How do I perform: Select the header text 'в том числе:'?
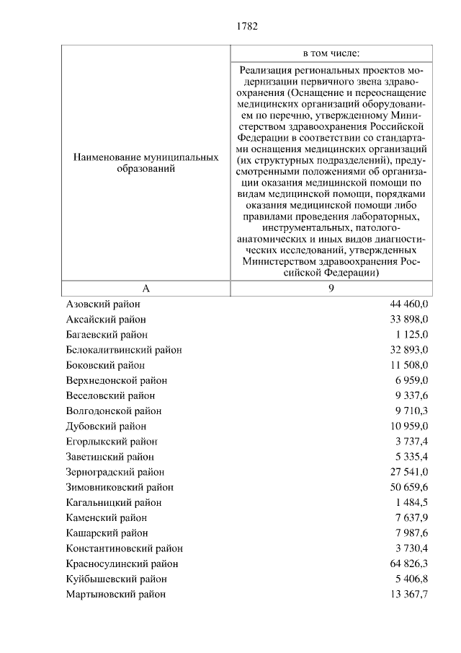click(331, 53)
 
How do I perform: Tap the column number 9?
click(331, 288)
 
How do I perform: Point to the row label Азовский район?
click(102, 304)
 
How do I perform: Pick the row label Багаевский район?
click(107, 334)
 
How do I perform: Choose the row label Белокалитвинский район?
click(123, 349)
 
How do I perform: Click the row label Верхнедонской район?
click(116, 380)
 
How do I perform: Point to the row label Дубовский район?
click(106, 426)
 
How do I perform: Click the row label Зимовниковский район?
click(120, 487)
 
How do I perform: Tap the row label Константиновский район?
click(124, 548)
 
